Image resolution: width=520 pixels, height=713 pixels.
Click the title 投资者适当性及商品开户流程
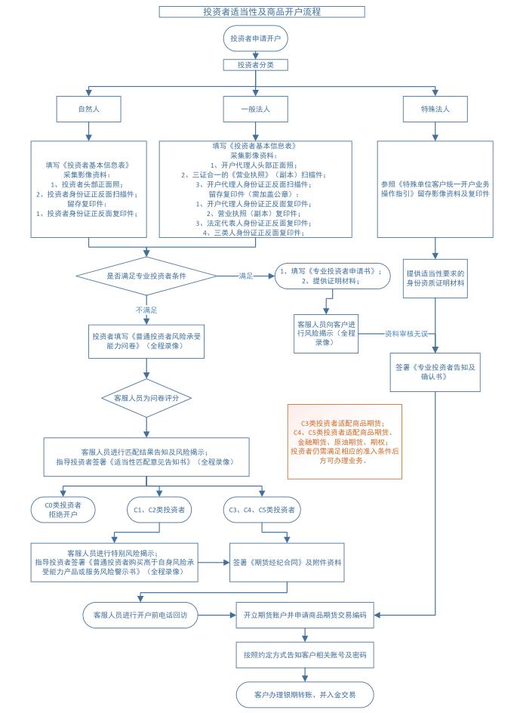262,12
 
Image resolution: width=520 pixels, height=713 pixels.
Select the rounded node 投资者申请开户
255,39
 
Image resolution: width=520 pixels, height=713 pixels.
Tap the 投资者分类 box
255,65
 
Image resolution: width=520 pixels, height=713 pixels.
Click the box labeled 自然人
88,109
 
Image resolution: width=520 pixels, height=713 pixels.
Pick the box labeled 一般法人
255,109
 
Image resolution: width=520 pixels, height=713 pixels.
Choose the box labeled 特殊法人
435,109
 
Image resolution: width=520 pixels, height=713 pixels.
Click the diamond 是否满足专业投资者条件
146,276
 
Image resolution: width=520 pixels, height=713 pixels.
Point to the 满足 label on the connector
246,276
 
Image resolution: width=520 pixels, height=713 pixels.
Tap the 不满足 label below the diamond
146,310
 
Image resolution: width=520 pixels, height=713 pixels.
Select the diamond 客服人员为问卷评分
146,398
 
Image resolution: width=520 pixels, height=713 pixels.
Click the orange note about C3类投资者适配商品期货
345,442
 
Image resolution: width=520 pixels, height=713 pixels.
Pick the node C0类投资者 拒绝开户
63,510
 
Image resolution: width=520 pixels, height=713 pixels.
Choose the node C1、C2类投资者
159,510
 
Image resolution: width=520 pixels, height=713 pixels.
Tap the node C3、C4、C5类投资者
262,510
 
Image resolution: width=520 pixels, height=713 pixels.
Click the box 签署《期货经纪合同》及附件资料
287,563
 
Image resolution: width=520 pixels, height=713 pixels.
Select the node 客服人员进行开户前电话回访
140,616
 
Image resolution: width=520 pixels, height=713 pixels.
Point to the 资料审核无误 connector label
406,334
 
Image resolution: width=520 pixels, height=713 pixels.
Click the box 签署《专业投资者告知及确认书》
435,372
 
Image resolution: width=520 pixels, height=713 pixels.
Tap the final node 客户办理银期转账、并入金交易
305,695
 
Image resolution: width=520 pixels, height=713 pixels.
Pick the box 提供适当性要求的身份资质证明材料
435,278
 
